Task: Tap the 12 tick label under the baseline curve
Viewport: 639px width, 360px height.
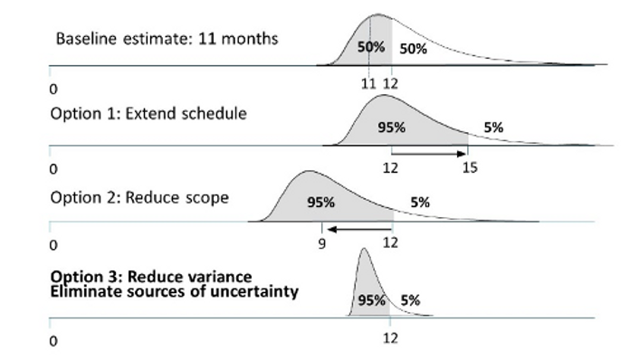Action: (390, 83)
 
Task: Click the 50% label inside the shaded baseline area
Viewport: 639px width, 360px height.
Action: (369, 47)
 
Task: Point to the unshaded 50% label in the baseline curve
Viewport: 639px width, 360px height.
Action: (413, 50)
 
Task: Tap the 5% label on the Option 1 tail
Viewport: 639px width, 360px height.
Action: (493, 128)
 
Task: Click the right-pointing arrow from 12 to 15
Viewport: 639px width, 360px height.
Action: (429, 154)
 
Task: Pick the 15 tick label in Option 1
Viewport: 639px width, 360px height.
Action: (469, 168)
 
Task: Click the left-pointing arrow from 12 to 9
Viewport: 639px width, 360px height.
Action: (358, 230)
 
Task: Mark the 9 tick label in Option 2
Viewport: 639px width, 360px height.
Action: (322, 244)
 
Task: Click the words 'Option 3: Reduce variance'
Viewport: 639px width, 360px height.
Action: (151, 276)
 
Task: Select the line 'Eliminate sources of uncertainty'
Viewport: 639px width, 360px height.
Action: (175, 291)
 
